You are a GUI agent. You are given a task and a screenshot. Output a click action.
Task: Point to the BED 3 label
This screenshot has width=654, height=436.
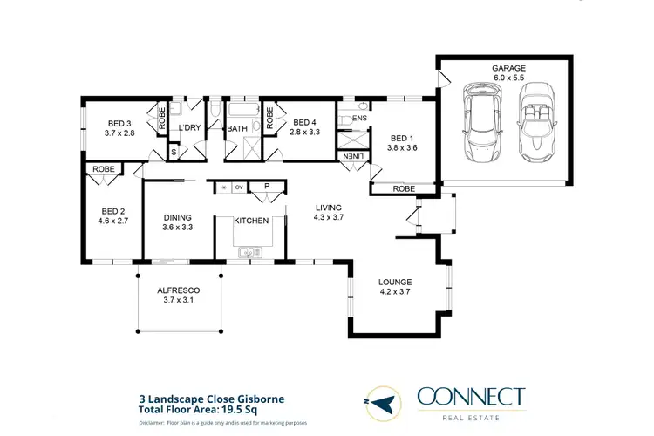point(119,123)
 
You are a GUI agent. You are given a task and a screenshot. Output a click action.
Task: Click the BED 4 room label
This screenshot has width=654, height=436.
point(305,122)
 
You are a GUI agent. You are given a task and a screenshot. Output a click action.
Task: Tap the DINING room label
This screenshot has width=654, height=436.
point(178,217)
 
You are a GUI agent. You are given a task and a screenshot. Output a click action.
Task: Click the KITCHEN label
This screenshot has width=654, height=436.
point(250,221)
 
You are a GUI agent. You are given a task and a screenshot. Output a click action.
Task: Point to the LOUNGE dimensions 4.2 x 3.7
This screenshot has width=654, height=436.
point(394,293)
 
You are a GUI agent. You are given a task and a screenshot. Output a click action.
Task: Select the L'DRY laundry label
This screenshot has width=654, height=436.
point(189,129)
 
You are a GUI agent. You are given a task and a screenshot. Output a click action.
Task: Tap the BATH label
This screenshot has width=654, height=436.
point(237,130)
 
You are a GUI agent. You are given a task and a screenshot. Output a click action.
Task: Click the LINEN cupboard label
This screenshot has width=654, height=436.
point(353,155)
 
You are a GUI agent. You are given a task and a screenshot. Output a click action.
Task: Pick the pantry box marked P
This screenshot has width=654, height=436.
point(262,187)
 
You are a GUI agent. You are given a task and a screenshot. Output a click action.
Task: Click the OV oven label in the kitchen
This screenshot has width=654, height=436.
point(238,187)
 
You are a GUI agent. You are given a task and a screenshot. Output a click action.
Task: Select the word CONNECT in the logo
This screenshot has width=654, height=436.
point(471,397)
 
